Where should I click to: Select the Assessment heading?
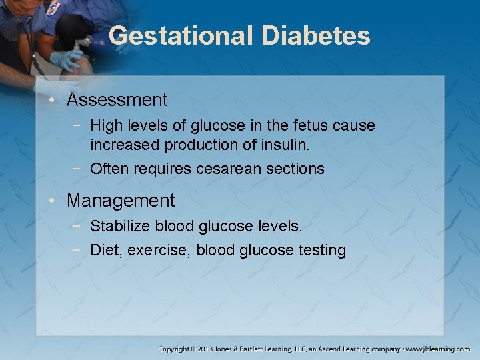tap(117, 101)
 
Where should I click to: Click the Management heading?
tap(121, 201)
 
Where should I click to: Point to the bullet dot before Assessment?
tap(59, 101)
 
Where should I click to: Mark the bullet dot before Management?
tap(59, 201)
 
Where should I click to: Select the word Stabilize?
tap(120, 227)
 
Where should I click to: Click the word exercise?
tap(157, 251)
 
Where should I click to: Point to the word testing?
tap(322, 251)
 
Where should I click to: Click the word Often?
tap(109, 169)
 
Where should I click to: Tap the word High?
tap(106, 125)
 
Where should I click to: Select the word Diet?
tap(105, 251)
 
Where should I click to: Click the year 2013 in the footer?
tap(204, 349)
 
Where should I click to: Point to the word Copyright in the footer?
tap(173, 349)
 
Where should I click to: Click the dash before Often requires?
tap(81, 169)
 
